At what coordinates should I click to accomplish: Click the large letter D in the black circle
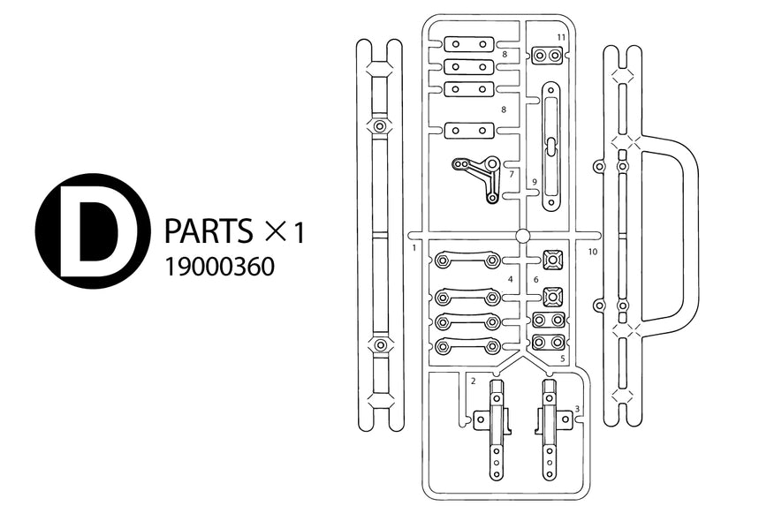(88, 231)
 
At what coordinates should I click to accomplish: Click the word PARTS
(209, 230)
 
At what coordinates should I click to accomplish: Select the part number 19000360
(220, 267)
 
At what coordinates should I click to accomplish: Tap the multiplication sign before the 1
(277, 231)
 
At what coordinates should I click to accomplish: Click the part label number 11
(561, 37)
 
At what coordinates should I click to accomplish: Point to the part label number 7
(512, 174)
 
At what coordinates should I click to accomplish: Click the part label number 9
(535, 182)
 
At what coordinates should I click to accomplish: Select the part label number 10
(593, 252)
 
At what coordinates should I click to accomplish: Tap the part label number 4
(510, 279)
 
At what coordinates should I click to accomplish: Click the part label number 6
(535, 280)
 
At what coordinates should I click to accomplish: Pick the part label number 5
(563, 359)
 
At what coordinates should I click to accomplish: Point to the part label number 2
(473, 381)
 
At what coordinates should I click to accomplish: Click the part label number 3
(577, 409)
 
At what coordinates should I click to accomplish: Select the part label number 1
(414, 247)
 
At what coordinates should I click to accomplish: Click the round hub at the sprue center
(522, 236)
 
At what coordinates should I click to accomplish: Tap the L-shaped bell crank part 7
(478, 177)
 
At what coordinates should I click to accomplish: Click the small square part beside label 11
(547, 55)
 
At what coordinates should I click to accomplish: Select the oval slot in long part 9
(550, 146)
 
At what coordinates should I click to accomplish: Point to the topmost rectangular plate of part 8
(469, 44)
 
